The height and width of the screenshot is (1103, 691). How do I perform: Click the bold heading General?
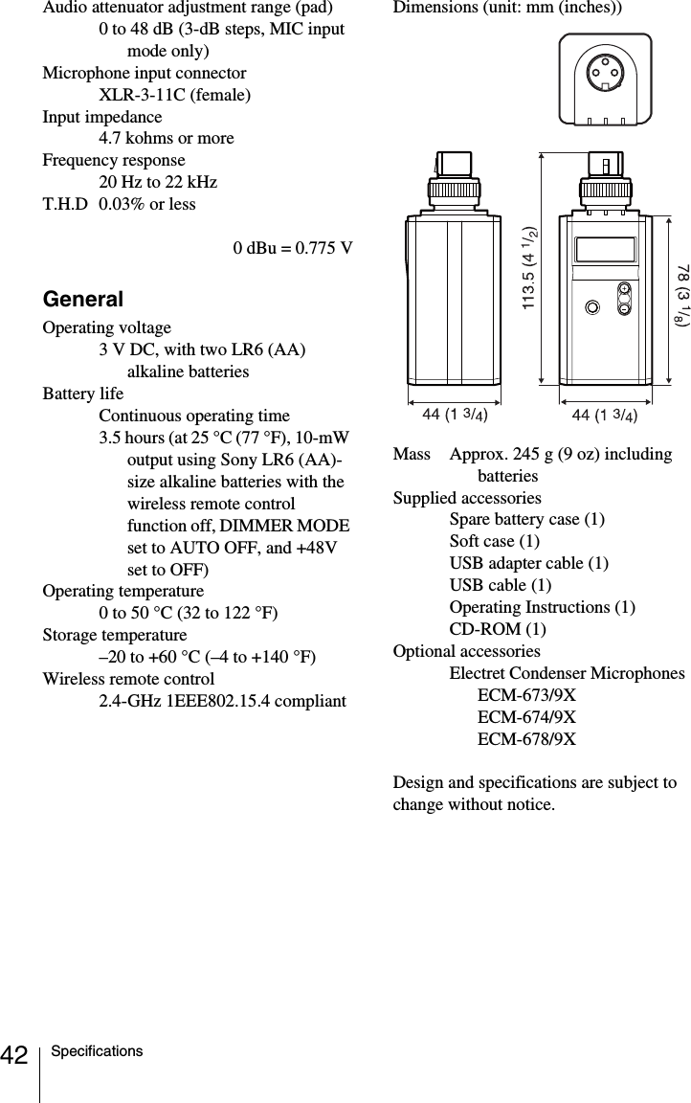pyautogui.click(x=83, y=300)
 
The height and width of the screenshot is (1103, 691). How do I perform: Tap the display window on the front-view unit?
pyautogui.click(x=605, y=250)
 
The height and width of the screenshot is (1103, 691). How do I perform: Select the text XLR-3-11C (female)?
pyautogui.click(x=175, y=95)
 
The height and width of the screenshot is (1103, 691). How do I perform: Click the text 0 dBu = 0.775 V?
pyautogui.click(x=293, y=249)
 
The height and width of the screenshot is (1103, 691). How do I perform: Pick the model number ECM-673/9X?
pyautogui.click(x=526, y=695)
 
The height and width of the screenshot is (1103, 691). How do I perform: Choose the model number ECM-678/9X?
pyautogui.click(x=526, y=739)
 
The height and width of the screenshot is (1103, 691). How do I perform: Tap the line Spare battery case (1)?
pyautogui.click(x=526, y=520)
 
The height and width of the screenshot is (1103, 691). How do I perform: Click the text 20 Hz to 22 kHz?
pyautogui.click(x=158, y=182)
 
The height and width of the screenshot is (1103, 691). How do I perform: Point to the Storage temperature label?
pyautogui.click(x=115, y=635)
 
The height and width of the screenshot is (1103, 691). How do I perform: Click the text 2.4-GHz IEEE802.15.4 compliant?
pyautogui.click(x=223, y=701)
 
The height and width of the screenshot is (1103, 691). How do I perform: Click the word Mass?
pyautogui.click(x=412, y=454)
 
